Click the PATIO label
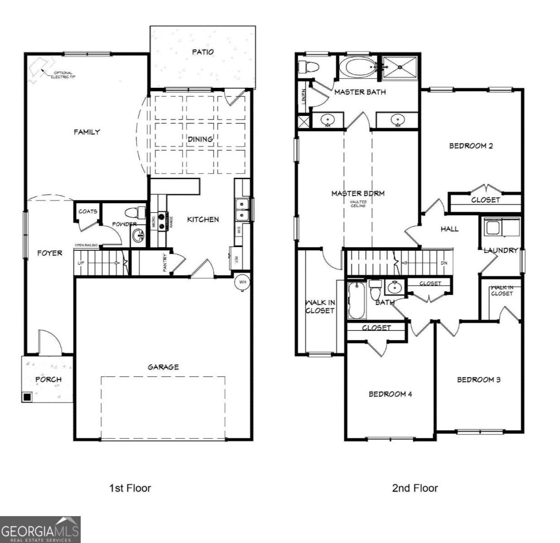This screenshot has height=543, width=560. [203, 52]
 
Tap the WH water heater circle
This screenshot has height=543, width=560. [242, 282]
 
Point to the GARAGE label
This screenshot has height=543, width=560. [163, 367]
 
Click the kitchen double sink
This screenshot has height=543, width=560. [242, 209]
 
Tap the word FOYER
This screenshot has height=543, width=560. [49, 253]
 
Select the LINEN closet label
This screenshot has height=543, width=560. [303, 95]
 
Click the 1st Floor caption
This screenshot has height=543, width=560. [130, 488]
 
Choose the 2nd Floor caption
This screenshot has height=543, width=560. [415, 488]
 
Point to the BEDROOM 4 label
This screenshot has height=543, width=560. [390, 394]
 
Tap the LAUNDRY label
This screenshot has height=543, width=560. [500, 250]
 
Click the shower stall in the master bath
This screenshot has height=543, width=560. [400, 67]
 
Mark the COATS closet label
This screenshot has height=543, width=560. [87, 211]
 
